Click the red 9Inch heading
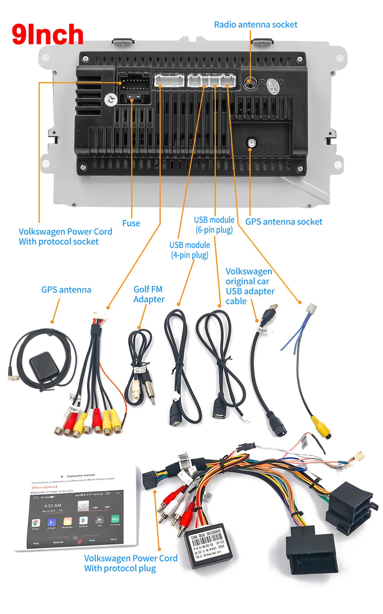[x=47, y=34]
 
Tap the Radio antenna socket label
[x=255, y=24]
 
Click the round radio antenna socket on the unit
[x=249, y=82]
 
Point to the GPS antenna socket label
[x=283, y=221]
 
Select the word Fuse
[x=131, y=223]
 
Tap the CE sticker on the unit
[x=111, y=100]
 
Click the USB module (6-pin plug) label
[x=214, y=225]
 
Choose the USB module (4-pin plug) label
[x=190, y=250]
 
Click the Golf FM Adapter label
[x=149, y=294]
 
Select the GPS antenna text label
[x=66, y=290]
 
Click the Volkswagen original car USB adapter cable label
[x=250, y=286]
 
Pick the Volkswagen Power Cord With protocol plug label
[x=131, y=563]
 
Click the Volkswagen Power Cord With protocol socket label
[x=65, y=236]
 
